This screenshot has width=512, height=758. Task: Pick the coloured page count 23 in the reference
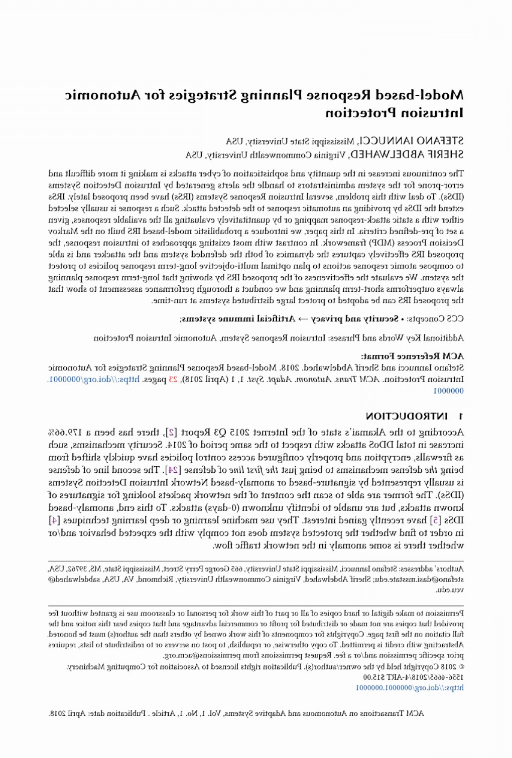tap(173, 380)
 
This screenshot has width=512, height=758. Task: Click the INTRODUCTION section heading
tap(407, 416)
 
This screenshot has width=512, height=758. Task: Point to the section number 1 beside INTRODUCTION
tap(460, 416)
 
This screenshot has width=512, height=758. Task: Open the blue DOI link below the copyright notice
tap(410, 688)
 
